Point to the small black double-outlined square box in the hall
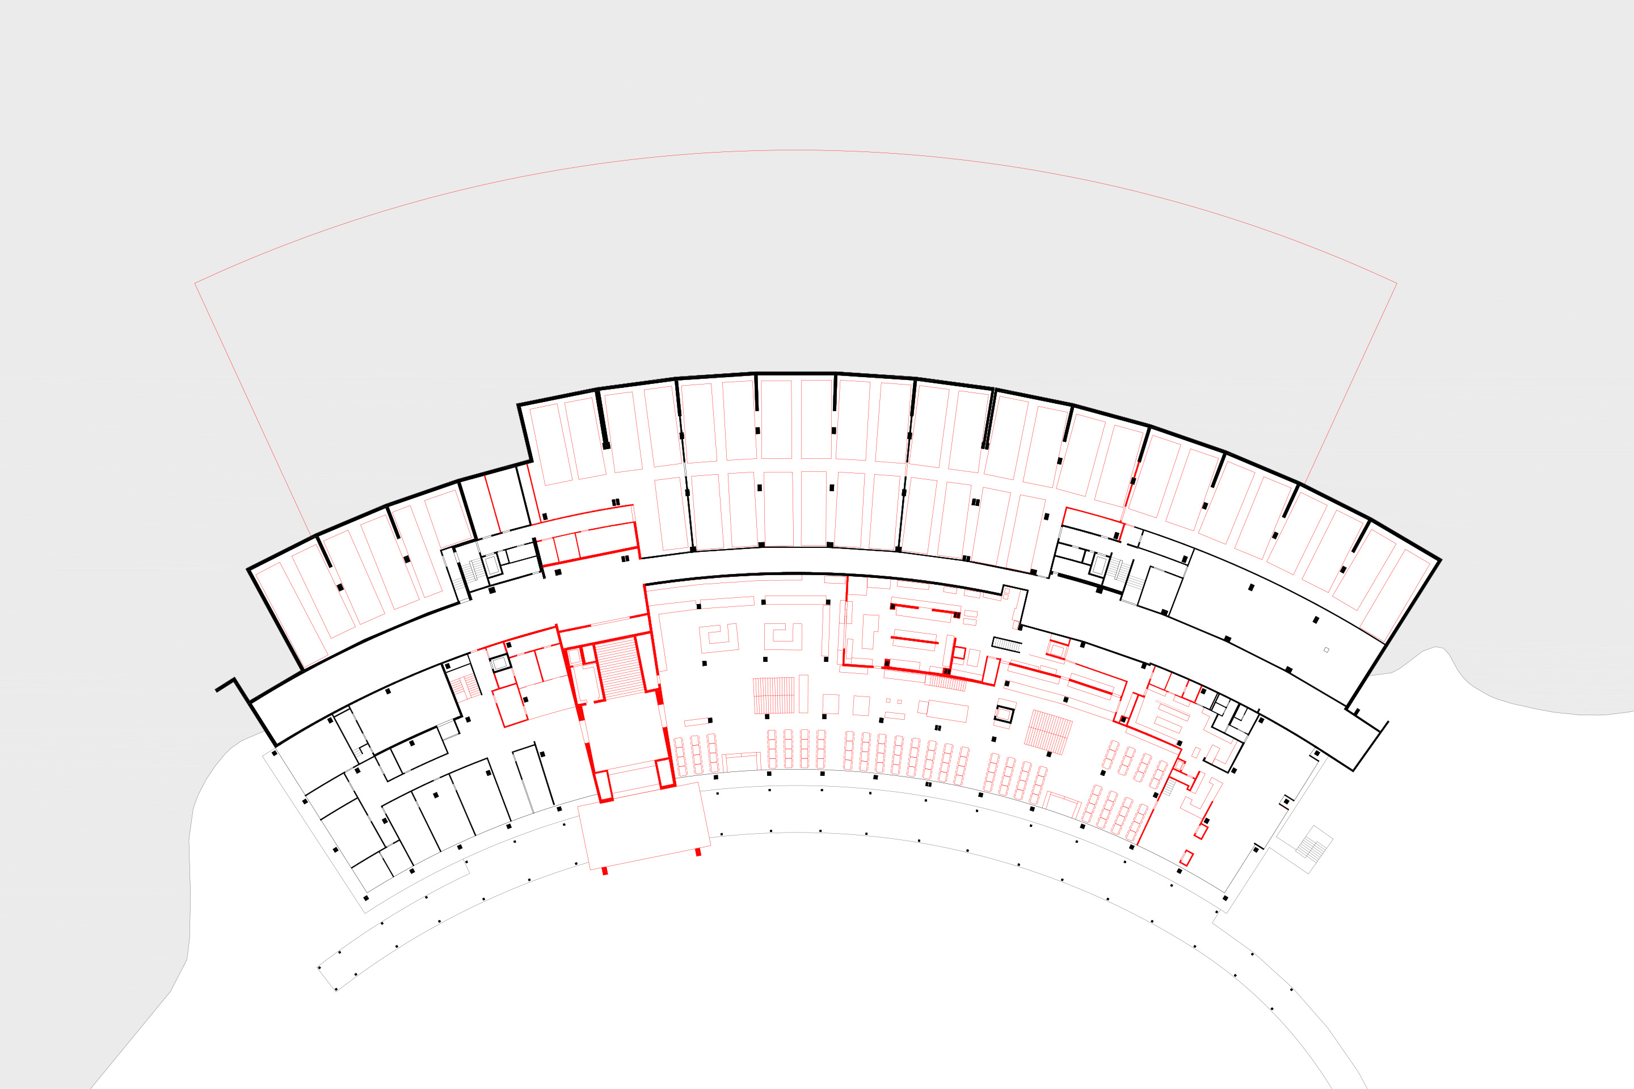[x=1004, y=714]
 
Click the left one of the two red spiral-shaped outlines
[x=718, y=638]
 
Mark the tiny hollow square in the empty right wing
[x=1326, y=650]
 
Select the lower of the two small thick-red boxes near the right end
[x=1186, y=858]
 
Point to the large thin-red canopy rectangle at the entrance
[x=644, y=826]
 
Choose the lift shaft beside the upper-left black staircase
[x=492, y=565]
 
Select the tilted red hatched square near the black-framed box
[x=1048, y=731]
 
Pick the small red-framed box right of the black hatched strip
[x=1056, y=650]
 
